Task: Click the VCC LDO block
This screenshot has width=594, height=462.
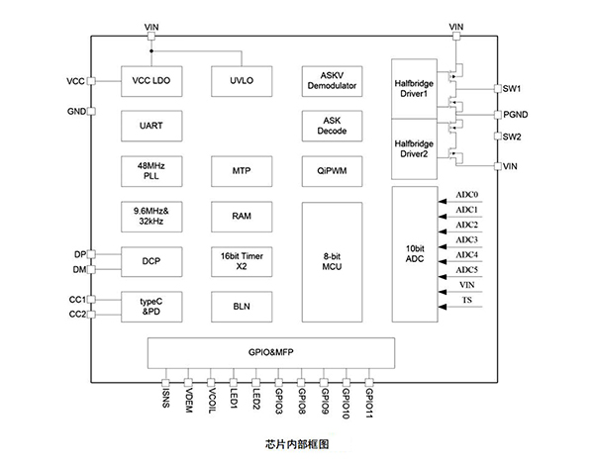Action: pyautogui.click(x=149, y=81)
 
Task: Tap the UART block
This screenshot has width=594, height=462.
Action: pyautogui.click(x=149, y=126)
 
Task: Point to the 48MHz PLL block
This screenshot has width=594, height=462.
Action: pyautogui.click(x=149, y=170)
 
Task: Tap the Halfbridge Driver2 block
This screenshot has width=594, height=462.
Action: pyautogui.click(x=415, y=147)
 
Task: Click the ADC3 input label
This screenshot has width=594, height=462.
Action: pyautogui.click(x=466, y=240)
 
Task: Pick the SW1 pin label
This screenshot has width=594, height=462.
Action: pyautogui.click(x=512, y=89)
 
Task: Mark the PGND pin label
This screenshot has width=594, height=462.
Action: pyautogui.click(x=517, y=115)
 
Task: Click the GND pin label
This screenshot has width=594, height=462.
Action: pyautogui.click(x=76, y=112)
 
